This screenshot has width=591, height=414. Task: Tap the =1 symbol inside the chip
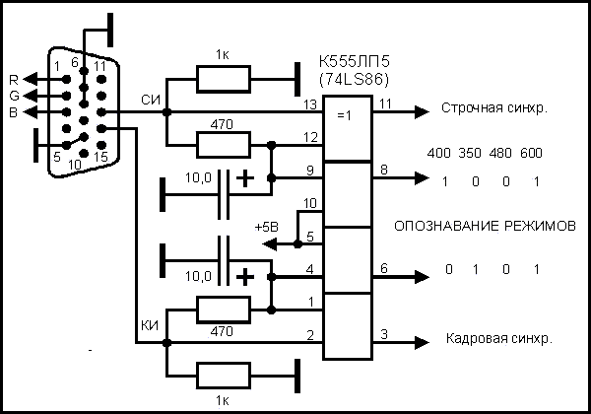(x=346, y=115)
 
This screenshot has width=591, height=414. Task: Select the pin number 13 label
(x=312, y=103)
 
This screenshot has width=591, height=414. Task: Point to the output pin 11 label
(x=384, y=103)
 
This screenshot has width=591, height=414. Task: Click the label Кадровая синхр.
(x=497, y=337)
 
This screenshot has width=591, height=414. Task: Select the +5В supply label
(x=266, y=226)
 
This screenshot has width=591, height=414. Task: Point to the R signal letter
(x=13, y=79)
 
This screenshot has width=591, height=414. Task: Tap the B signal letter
(x=13, y=111)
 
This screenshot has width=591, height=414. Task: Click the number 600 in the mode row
(x=532, y=155)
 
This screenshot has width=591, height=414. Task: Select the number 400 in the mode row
(x=440, y=155)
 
